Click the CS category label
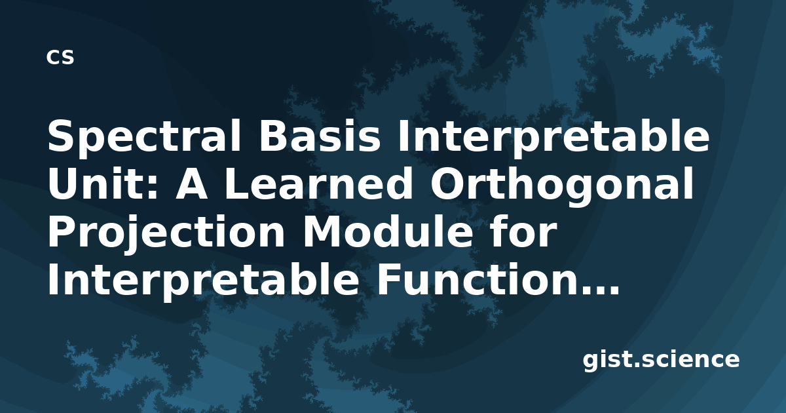60,57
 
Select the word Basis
320,136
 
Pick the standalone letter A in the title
191,184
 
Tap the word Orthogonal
562,186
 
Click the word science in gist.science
690,359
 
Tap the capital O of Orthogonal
447,184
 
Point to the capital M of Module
322,231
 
